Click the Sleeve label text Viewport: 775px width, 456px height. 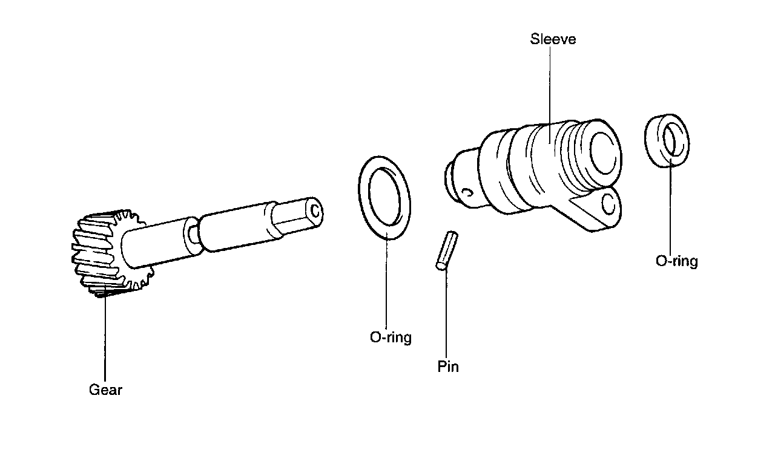(553, 40)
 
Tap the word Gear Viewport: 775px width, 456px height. (105, 390)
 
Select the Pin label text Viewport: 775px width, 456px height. (448, 366)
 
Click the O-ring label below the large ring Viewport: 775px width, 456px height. (391, 337)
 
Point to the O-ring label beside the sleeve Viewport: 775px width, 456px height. (676, 261)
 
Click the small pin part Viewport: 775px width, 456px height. (447, 249)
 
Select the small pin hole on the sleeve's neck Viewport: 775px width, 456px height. (466, 193)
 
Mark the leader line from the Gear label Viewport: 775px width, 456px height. (105, 339)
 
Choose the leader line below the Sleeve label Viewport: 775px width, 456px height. (551, 91)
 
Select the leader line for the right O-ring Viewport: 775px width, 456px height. (671, 206)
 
